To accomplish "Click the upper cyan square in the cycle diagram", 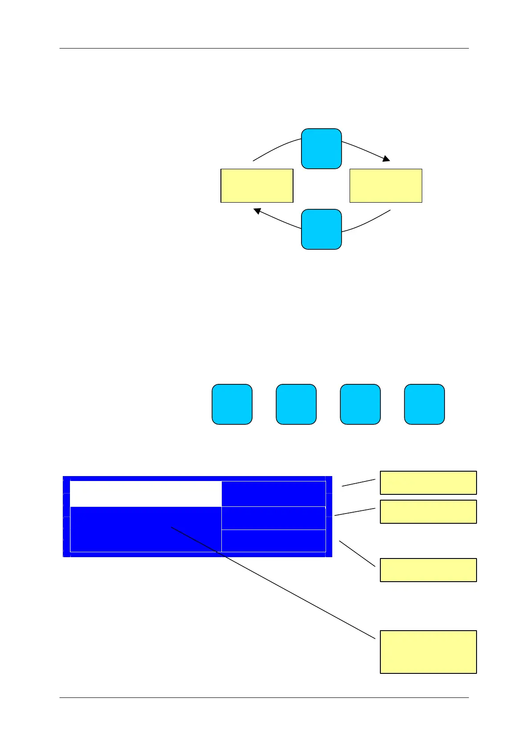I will point(321,149).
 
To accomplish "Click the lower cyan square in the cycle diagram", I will point(321,229).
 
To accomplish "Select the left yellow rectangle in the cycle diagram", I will point(257,186).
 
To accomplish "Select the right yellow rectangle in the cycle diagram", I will point(386,186).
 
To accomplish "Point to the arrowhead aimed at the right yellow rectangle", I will point(386,159).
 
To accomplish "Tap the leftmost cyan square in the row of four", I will point(232,404).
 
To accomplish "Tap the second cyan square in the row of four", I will point(296,404).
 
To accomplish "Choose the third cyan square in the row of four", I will point(360,404).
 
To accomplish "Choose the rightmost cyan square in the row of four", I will point(424,404).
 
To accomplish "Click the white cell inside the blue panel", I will point(146,493).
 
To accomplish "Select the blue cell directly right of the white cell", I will point(273,493).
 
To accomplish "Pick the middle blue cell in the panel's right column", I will point(273,518).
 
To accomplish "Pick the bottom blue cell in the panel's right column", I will point(273,541).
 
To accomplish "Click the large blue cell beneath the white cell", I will point(146,530).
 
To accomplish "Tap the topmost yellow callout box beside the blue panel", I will point(428,483).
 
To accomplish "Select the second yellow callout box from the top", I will point(428,511).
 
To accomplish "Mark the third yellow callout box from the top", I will point(428,570).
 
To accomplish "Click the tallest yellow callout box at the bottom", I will point(428,652).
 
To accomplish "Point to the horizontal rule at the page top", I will point(264,48).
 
